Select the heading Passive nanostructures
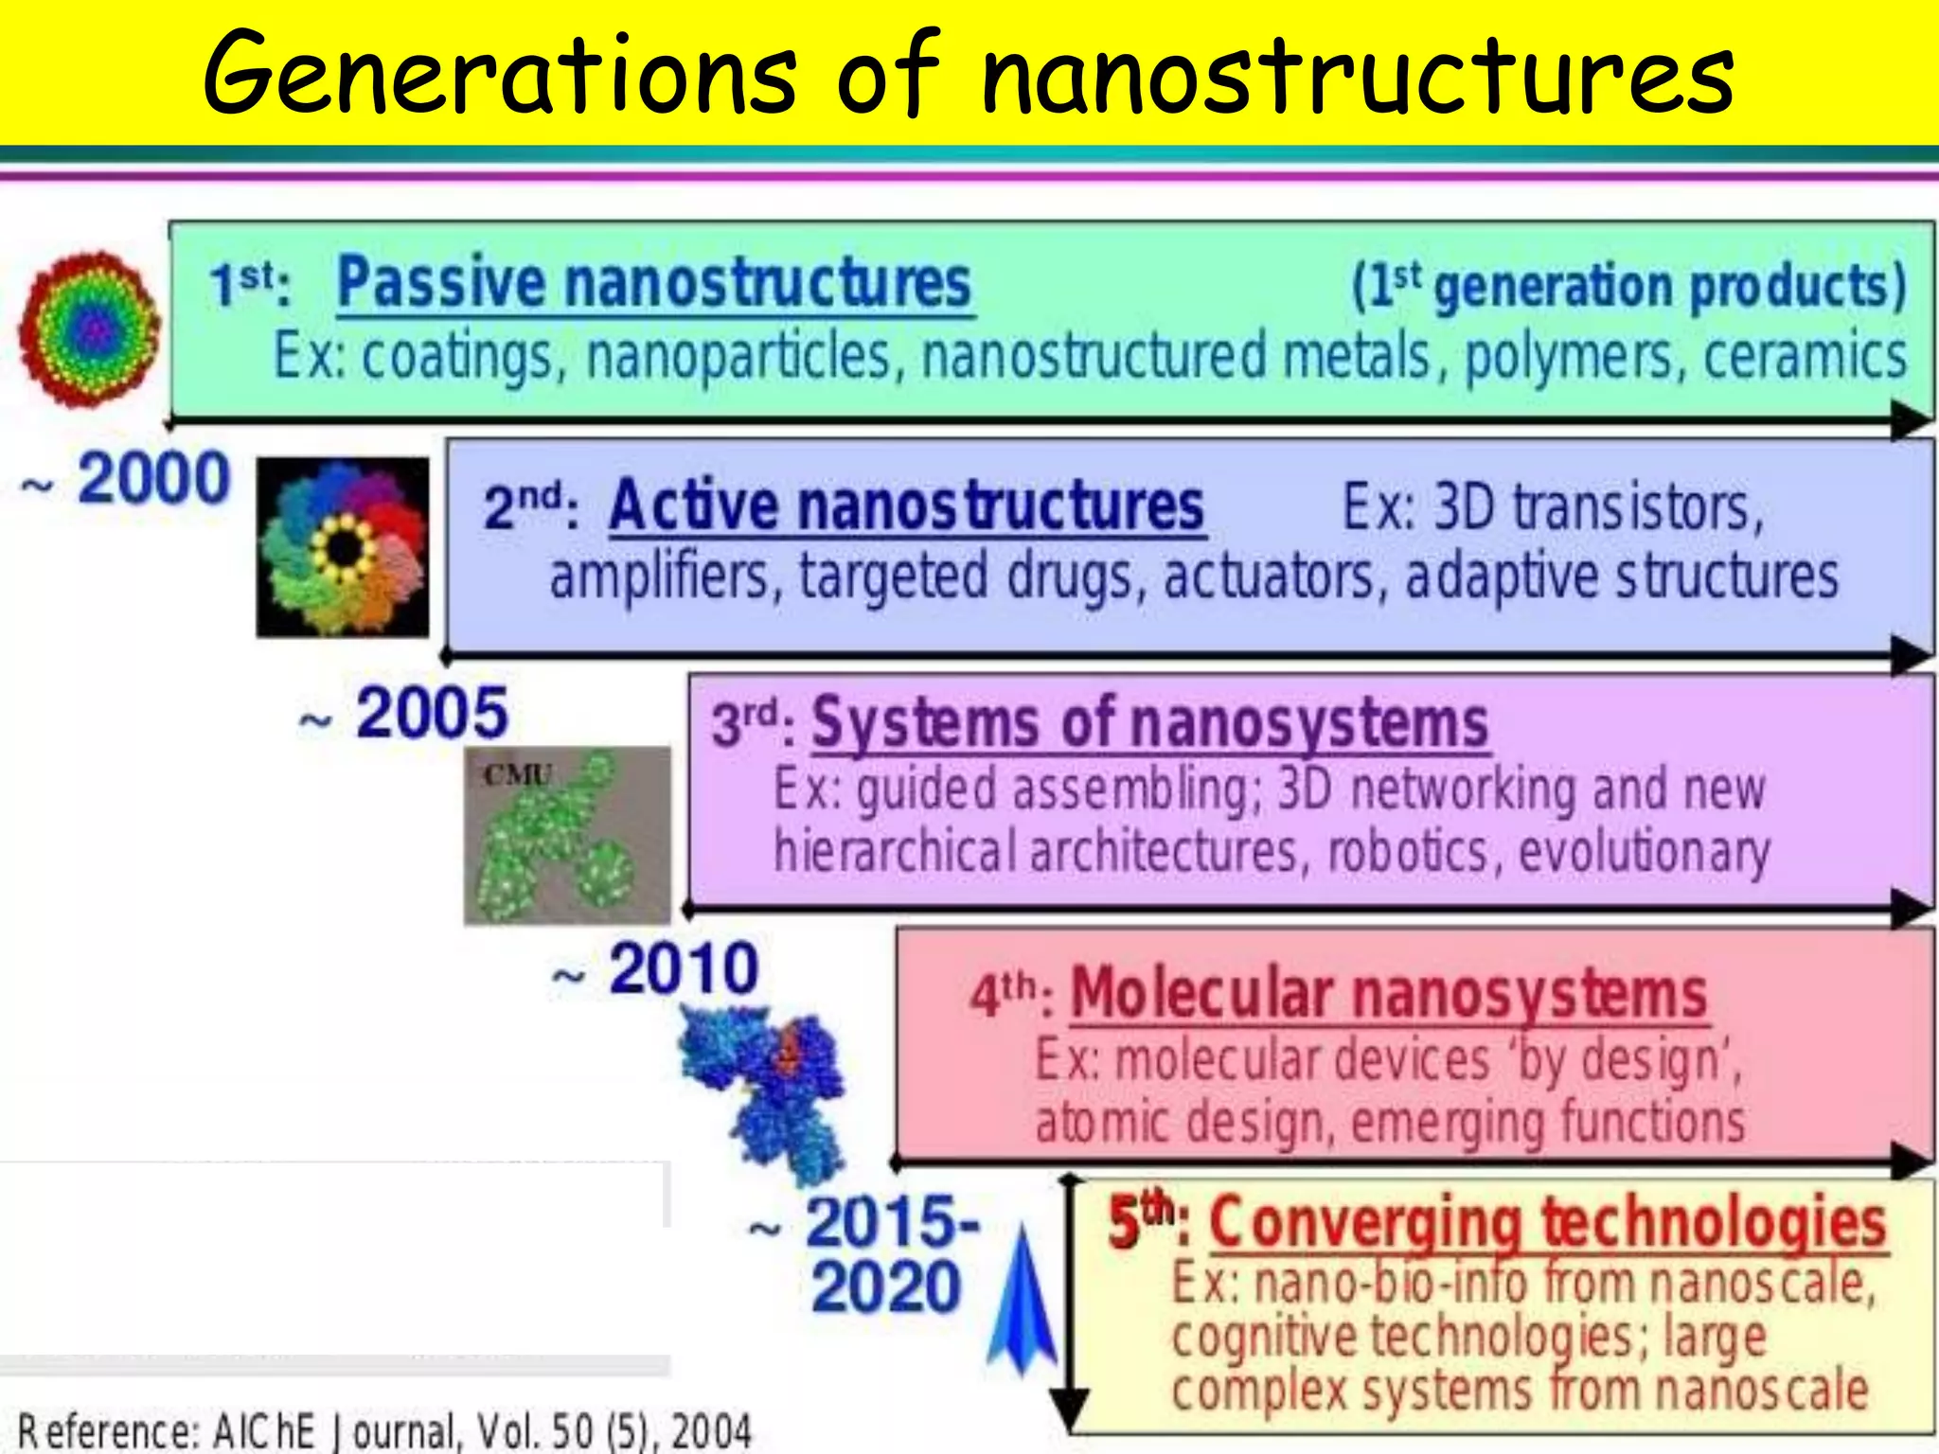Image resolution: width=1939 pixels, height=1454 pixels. click(654, 282)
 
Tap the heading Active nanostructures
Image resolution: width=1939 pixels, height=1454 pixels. click(906, 505)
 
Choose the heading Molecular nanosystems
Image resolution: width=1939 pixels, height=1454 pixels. click(1388, 994)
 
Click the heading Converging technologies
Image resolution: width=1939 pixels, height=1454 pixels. click(1547, 1223)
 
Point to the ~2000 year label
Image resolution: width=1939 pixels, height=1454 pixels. click(128, 479)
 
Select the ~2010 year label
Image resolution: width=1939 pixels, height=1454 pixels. click(657, 969)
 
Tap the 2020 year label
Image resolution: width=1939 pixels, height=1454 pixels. click(885, 1287)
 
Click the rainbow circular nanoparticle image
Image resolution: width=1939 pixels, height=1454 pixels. click(90, 329)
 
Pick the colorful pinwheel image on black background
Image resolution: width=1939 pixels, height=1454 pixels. click(343, 547)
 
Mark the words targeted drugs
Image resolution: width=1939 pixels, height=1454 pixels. click(966, 576)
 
